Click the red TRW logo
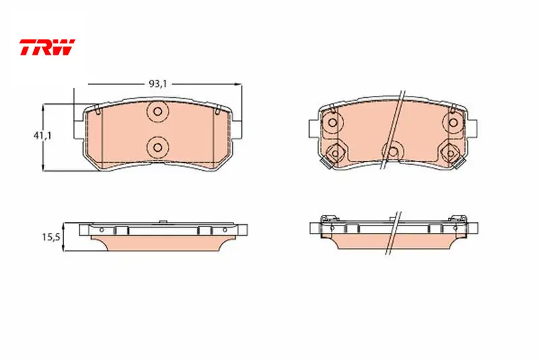[x=47, y=47]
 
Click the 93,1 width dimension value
[x=158, y=84]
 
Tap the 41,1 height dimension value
[x=43, y=135]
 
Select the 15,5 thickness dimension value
[x=51, y=237]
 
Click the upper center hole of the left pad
[x=158, y=111]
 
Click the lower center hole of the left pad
[x=158, y=147]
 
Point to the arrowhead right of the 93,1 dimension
[x=238, y=84]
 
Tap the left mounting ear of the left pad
[x=79, y=130]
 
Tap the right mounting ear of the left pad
[x=237, y=130]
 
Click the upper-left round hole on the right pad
[x=333, y=122]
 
